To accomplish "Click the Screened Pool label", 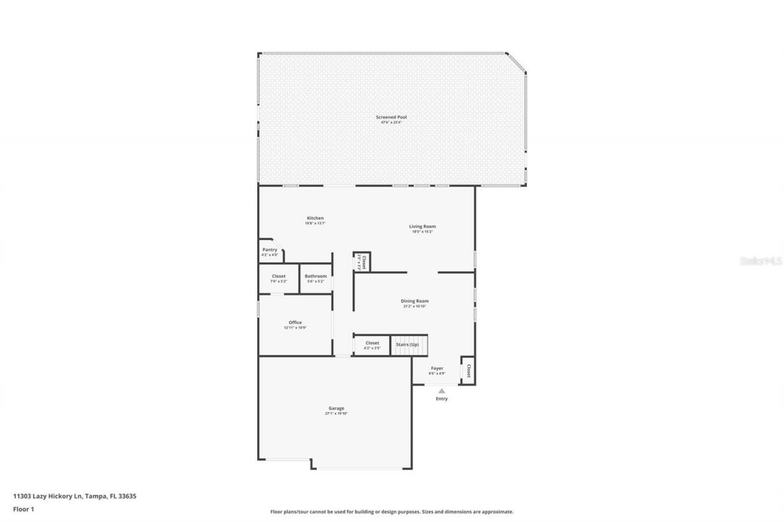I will (391, 117).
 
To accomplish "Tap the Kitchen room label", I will (315, 218).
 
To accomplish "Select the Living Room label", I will (422, 226).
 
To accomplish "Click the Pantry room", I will (269, 251).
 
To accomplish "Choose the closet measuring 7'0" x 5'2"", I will (279, 278).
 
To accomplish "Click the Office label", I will (295, 323).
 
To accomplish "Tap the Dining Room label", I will (414, 301).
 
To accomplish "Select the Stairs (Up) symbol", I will (408, 345).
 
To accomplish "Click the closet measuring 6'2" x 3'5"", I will (372, 345).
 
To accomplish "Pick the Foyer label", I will (437, 369).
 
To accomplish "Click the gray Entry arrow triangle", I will (442, 390).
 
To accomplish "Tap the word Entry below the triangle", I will (442, 399).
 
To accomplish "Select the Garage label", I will (336, 409).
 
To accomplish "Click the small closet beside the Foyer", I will (468, 371).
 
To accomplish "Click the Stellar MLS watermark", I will (760, 261).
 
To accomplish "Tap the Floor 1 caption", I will (23, 509).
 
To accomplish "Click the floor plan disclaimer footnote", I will (391, 512).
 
